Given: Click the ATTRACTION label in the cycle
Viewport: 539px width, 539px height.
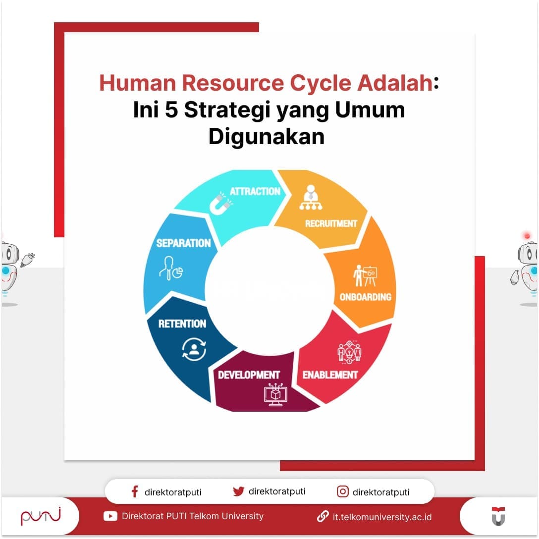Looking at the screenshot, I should pos(255,191).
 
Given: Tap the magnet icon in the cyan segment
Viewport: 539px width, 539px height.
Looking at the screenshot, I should pos(220,204).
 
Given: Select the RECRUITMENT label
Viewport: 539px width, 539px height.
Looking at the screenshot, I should pos(331,223).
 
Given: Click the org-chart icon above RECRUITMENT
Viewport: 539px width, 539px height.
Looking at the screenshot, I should pos(311,198).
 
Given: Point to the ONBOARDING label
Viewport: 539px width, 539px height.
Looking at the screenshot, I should pos(366,297).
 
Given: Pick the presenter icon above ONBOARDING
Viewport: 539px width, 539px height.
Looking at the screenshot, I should pos(365,275).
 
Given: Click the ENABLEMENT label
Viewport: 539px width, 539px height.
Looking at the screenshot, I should pos(330,375).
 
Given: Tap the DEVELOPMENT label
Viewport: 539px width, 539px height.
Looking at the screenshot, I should pos(249,375).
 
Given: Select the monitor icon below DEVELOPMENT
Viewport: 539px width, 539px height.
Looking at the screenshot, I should pos(275,395).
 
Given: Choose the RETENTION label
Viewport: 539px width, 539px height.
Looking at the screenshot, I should pos(182,324).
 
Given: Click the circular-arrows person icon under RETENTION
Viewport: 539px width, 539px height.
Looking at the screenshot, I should pos(194,348).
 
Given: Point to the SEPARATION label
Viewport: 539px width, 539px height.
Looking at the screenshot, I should pos(184,243).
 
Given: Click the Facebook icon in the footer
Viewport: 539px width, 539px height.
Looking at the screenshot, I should pos(134,491).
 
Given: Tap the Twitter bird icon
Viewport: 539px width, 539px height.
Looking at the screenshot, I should pos(239,491).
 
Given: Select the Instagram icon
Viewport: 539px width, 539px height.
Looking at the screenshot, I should pos(342,491).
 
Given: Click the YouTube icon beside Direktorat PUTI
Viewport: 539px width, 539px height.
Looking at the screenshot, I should pos(110,516).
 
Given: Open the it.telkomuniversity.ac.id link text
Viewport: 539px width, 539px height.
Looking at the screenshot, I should pos(382,517).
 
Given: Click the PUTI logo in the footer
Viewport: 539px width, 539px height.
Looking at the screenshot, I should pos(41,516).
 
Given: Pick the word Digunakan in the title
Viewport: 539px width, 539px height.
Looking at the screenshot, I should pos(267,136).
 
